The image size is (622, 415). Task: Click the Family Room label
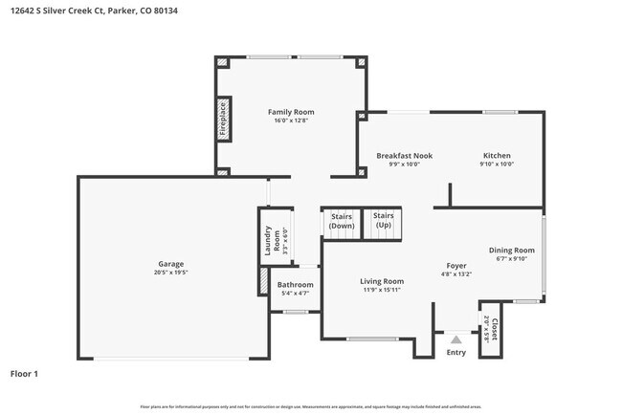290,112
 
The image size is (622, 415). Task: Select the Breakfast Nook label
404,155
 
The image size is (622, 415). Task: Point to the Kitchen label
497,155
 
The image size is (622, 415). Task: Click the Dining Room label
511,250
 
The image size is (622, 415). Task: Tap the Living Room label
382,281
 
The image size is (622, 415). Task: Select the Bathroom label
295,284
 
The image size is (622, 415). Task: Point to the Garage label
171,264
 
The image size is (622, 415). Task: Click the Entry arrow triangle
456,338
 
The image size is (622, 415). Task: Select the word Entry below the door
456,353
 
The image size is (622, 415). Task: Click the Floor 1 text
24,373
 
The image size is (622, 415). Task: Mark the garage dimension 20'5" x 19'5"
171,273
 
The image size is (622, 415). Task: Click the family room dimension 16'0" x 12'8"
290,120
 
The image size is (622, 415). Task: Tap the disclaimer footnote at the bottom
310,406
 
